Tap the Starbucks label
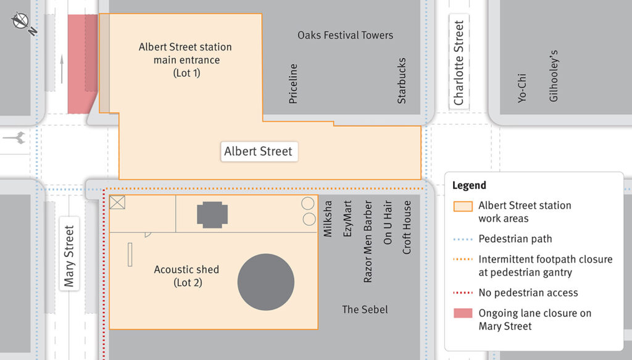point(402,81)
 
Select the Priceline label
point(293,83)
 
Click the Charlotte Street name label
point(459,63)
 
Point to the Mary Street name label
point(69,256)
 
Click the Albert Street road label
point(259,151)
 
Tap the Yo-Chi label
point(522,88)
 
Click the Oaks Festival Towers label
point(345,35)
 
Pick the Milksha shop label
point(328,218)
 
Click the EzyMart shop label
point(347,218)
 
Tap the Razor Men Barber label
point(368,241)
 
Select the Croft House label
point(407,227)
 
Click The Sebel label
point(365,309)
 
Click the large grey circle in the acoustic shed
point(266,282)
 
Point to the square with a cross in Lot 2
point(117,203)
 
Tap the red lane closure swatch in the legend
point(463,313)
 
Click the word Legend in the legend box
point(469,185)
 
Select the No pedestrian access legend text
point(528,293)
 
